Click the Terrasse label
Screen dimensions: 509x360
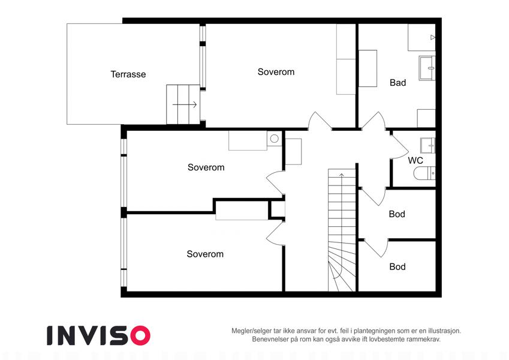(x=128, y=74)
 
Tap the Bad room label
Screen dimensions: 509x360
(x=397, y=83)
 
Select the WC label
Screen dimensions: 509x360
(x=415, y=160)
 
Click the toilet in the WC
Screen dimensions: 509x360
(x=424, y=173)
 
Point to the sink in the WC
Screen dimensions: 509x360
(x=428, y=145)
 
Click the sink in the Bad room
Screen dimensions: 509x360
(x=427, y=68)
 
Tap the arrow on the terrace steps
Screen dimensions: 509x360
(x=185, y=104)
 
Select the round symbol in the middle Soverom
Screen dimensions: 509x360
(x=275, y=139)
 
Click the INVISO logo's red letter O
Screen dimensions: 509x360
(x=140, y=335)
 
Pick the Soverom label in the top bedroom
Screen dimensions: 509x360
(x=276, y=72)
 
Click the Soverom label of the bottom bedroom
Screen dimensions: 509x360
(x=205, y=254)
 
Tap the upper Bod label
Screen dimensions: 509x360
(x=397, y=214)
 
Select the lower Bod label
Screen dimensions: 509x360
(x=397, y=266)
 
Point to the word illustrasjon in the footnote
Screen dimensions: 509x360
(x=444, y=331)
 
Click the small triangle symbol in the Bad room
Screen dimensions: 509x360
(x=433, y=37)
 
